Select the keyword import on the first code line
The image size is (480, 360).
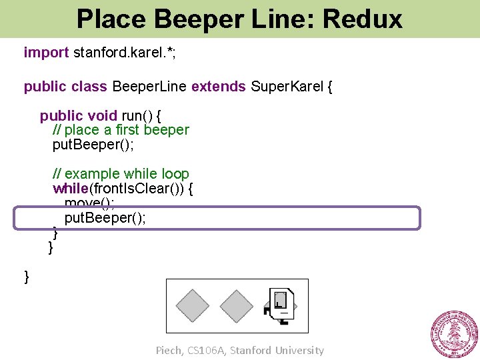46,52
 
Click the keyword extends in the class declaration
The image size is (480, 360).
219,87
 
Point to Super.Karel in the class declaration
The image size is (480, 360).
287,87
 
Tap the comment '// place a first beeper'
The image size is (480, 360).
121,130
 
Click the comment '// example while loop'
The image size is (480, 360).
121,175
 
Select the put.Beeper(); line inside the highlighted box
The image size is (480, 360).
105,219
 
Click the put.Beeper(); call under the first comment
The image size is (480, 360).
93,144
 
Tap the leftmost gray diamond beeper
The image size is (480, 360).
193,306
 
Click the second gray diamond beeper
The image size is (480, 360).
237,306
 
